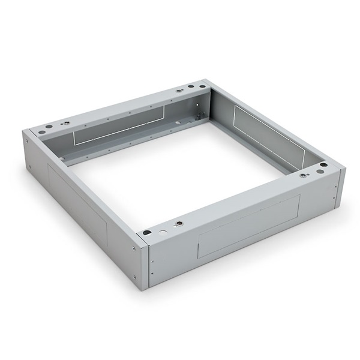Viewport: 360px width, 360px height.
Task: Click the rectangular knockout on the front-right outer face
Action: (x=248, y=221)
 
